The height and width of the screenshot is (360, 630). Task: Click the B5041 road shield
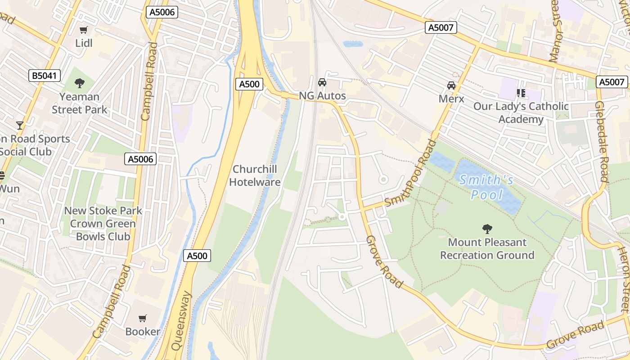coord(45,76)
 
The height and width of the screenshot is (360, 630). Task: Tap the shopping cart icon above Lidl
coord(84,30)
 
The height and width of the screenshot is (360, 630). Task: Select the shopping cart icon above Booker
coord(143,319)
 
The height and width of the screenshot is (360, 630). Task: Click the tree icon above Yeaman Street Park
coord(80,83)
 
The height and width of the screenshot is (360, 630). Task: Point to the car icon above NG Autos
coord(322,82)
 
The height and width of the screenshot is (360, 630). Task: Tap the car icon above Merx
coord(451,85)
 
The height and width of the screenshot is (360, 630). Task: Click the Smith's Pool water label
coord(486,187)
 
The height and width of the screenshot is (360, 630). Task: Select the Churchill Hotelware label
coord(255,175)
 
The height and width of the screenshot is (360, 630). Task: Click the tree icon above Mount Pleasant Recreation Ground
coord(487,229)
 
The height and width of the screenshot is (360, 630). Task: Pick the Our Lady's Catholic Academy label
coord(521,113)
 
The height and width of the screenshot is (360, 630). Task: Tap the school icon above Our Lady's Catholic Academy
coord(521,93)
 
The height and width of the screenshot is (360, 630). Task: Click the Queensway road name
coord(181,321)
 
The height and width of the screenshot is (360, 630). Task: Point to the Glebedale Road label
coord(602,141)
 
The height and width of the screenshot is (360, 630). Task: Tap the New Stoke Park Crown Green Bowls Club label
coord(103,224)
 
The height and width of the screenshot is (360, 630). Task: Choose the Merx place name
coord(451,99)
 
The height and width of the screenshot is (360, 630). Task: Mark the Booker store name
coord(143,332)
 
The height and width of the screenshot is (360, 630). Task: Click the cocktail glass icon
coord(20,125)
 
